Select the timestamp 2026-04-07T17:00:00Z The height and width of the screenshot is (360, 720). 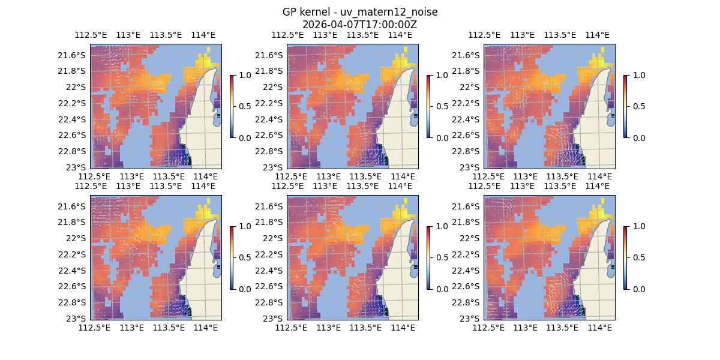pos(360,25)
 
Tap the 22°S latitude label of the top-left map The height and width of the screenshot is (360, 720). pos(76,87)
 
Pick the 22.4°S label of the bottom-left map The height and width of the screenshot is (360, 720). pos(72,270)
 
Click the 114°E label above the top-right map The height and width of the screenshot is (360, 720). pos(597,35)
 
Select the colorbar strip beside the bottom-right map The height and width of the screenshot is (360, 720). pos(625,257)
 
